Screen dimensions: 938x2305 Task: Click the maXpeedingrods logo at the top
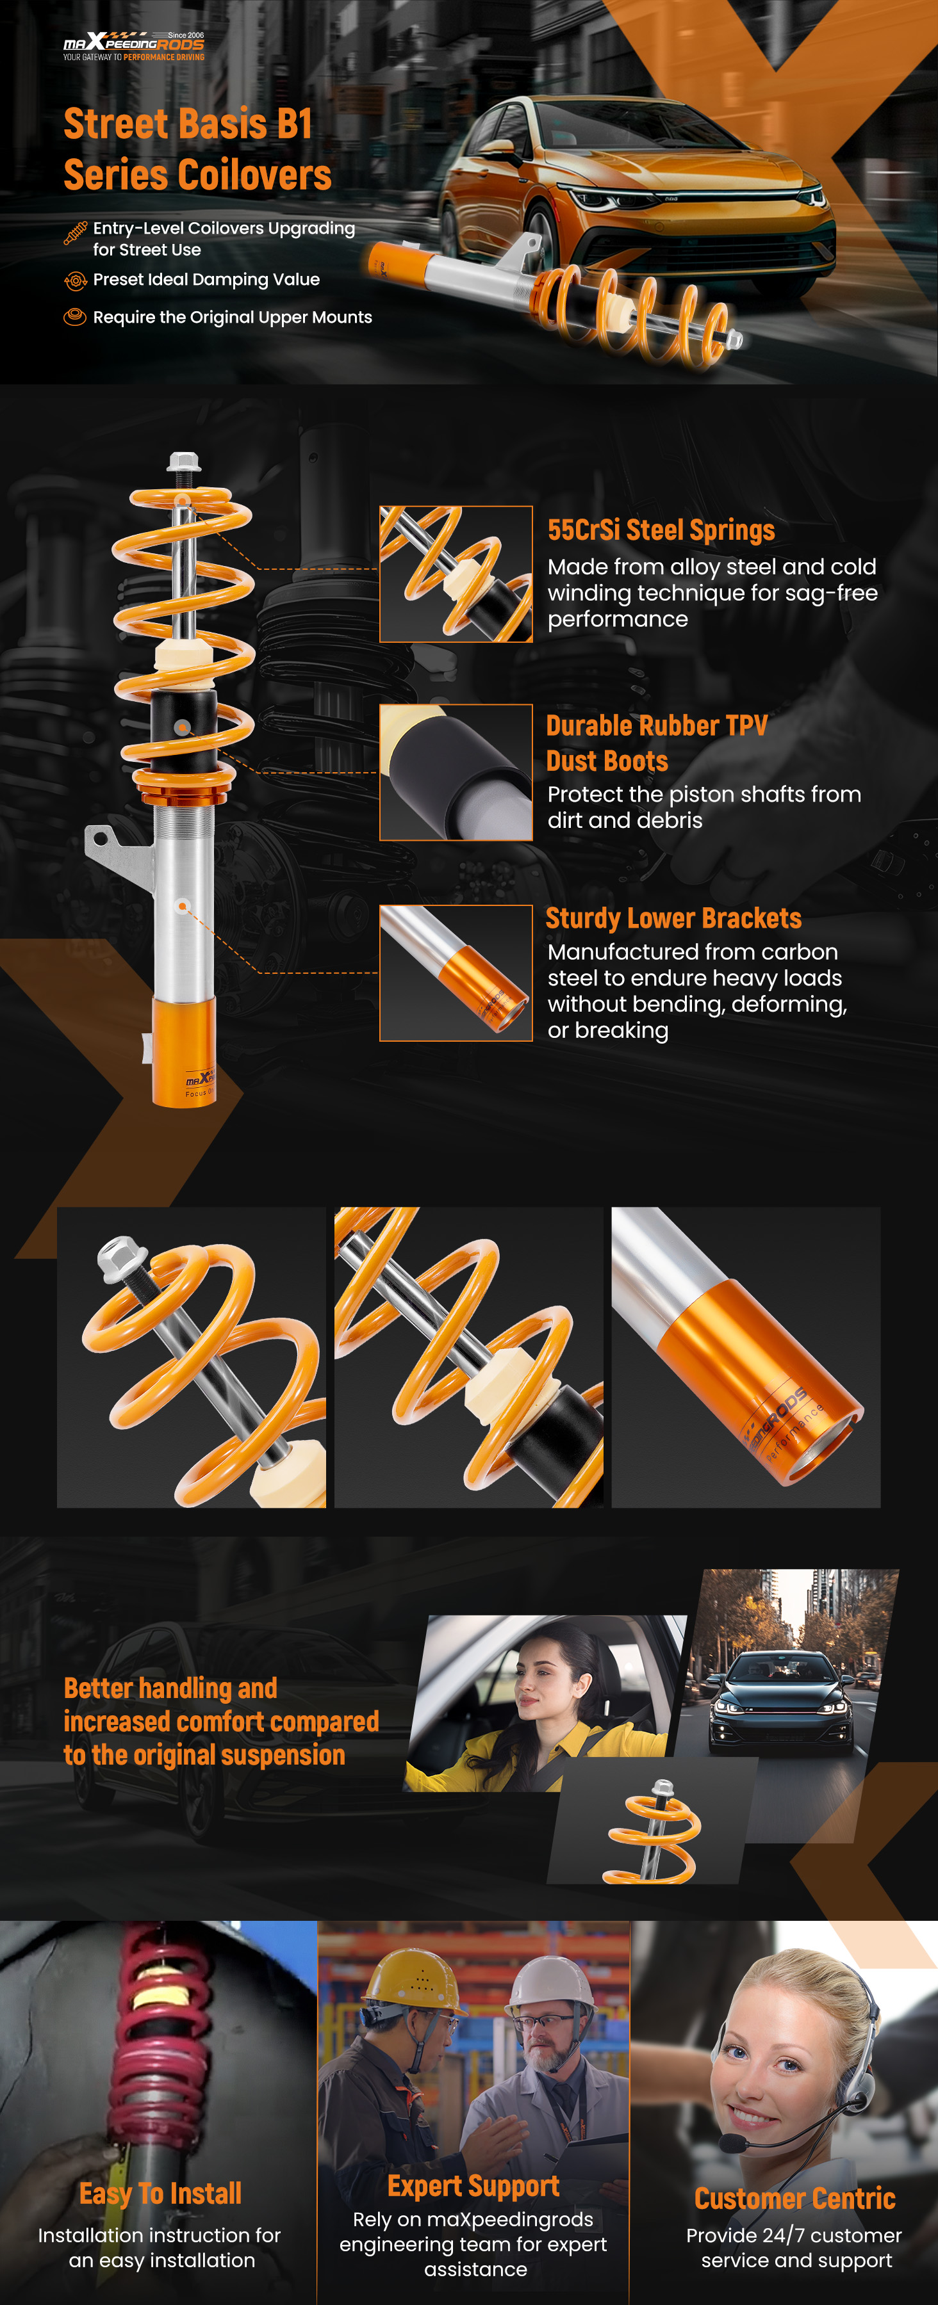click(x=133, y=45)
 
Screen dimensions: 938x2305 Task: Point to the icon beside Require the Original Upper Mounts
click(x=75, y=317)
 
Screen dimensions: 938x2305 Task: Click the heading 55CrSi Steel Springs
click(x=661, y=530)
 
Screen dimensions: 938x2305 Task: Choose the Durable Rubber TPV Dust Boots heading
click(x=656, y=743)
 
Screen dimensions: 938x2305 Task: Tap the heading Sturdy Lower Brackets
click(x=673, y=918)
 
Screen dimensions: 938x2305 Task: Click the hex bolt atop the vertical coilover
click(x=183, y=462)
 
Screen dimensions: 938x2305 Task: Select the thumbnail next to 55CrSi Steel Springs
click(x=456, y=574)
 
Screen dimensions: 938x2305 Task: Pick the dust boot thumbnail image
click(x=456, y=772)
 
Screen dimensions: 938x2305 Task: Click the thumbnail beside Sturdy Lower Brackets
click(x=456, y=973)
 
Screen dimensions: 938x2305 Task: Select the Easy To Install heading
click(x=160, y=2193)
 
